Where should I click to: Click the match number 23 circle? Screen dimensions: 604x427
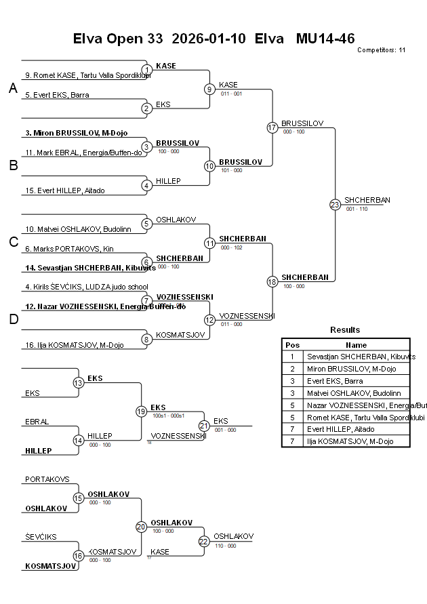point(335,204)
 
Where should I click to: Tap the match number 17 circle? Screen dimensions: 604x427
point(272,127)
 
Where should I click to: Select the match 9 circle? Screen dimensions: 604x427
point(210,89)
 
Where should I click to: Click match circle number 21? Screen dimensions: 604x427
point(204,426)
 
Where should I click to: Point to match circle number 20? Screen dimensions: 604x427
point(142,527)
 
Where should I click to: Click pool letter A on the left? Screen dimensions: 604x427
point(13,89)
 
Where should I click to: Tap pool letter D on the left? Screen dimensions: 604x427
point(13,319)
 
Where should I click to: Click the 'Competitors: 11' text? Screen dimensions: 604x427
point(381,49)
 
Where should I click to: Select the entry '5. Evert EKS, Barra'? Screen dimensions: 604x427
point(57,95)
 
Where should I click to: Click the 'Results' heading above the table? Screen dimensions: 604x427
point(345,330)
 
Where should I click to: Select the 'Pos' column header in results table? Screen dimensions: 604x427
point(292,344)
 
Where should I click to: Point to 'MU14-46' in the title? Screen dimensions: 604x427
point(325,39)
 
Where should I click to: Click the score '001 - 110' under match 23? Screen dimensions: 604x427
point(357,209)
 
